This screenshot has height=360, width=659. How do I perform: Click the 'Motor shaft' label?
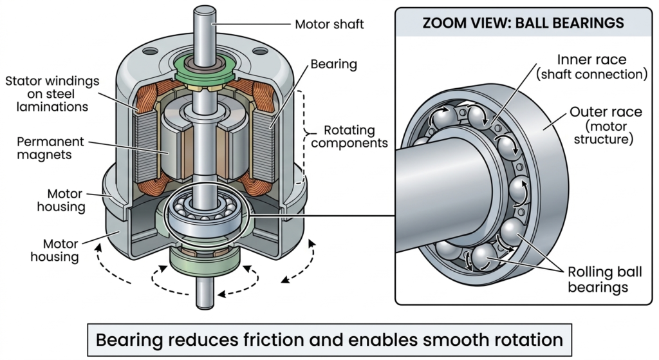(x=329, y=24)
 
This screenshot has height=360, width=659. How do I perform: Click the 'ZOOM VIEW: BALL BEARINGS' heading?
(x=522, y=23)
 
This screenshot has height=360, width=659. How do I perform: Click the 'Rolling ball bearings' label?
(x=597, y=278)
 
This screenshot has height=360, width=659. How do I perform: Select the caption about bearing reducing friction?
(x=329, y=339)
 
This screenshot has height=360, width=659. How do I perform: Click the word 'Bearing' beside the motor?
(x=332, y=64)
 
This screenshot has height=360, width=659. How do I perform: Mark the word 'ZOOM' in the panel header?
(x=443, y=23)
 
